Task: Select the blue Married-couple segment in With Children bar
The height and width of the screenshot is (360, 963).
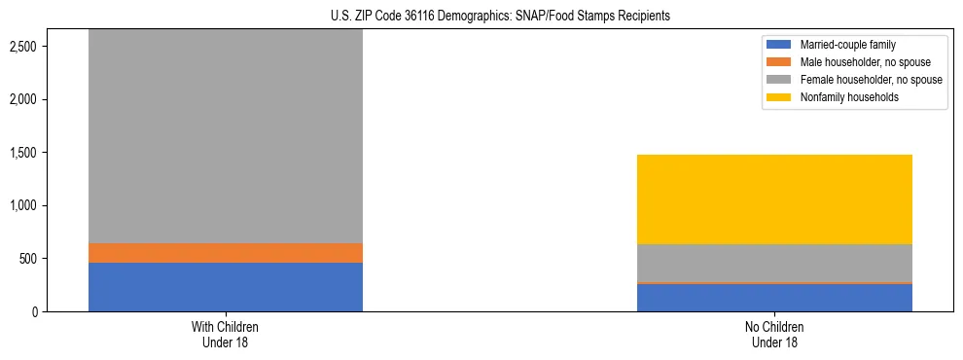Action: pyautogui.click(x=225, y=287)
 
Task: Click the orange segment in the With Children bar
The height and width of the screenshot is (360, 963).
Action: pyautogui.click(x=225, y=253)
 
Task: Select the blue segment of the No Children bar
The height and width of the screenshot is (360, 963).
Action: pyautogui.click(x=774, y=298)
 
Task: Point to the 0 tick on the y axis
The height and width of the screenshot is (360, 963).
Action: pyautogui.click(x=35, y=312)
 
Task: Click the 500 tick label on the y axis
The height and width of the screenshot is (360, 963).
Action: pyautogui.click(x=29, y=259)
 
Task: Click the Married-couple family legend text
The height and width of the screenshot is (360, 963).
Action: pyautogui.click(x=847, y=45)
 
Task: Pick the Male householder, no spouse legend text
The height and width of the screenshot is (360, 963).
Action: pyautogui.click(x=862, y=62)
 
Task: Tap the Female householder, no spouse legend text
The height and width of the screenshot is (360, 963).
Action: pyautogui.click(x=872, y=80)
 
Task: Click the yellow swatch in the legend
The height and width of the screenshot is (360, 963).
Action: pyautogui.click(x=779, y=97)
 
